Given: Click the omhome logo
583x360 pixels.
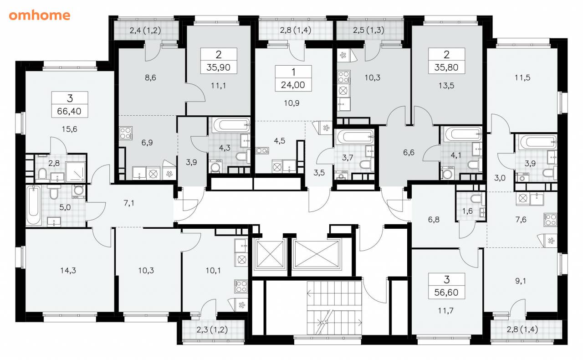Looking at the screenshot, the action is (40, 15).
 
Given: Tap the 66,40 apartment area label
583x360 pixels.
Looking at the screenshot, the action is (69, 111).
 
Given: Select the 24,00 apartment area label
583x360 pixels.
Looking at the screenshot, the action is (293, 85).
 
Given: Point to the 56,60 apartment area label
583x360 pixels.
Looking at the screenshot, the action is (446, 292).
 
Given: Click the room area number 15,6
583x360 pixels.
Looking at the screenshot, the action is (70, 129).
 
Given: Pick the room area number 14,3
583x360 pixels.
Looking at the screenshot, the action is (68, 270).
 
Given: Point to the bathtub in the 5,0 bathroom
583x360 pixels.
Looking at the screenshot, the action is (34, 205).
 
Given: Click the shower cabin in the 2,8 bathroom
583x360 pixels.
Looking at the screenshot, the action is (76, 172).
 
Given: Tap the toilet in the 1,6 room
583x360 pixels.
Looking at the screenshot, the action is (476, 199).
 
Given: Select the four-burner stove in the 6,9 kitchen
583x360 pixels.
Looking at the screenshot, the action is (126, 133).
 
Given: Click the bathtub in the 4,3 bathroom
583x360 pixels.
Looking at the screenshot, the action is (231, 125).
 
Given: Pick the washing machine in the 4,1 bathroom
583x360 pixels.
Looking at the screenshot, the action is (447, 173).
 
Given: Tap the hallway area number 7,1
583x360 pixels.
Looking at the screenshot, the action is (129, 203).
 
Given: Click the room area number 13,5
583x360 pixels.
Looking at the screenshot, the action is (446, 85).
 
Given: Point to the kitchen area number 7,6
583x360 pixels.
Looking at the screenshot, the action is (521, 220).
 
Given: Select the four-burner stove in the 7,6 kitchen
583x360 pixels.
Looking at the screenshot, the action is (550, 220).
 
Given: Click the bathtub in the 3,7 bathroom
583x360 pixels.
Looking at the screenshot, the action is (355, 136).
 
